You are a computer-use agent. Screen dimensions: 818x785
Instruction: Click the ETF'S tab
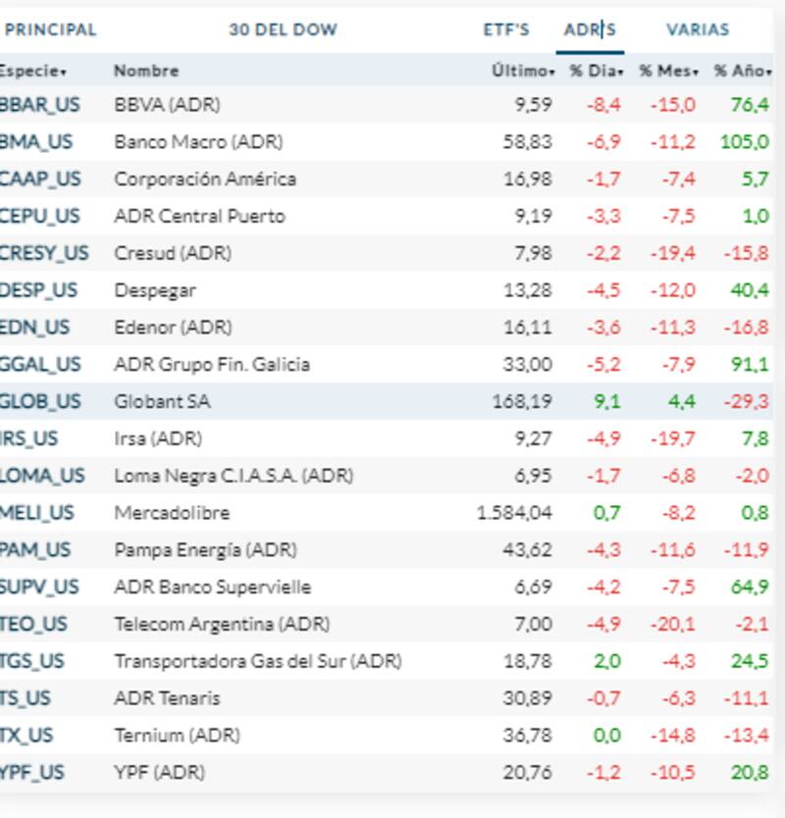click(505, 29)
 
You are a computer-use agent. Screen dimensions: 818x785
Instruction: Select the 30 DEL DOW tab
click(283, 29)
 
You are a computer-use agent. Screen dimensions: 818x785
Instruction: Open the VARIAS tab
click(698, 29)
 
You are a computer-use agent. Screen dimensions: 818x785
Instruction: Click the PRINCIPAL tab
click(51, 29)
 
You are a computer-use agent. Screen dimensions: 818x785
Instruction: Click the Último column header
click(523, 71)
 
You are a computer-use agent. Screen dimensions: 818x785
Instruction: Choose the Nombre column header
click(146, 71)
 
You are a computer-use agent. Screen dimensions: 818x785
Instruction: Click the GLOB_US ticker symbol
click(40, 401)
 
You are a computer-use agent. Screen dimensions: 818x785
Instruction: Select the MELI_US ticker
click(37, 513)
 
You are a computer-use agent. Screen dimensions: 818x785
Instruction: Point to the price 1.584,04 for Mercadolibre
click(514, 513)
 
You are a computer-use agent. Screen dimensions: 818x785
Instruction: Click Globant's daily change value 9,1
click(607, 401)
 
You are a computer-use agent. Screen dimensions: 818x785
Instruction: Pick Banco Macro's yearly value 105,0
click(744, 142)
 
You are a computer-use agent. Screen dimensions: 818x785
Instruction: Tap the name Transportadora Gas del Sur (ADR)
click(258, 661)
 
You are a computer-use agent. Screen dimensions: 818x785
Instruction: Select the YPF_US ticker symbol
click(32, 773)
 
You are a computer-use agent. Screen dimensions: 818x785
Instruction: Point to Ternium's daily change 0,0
click(607, 736)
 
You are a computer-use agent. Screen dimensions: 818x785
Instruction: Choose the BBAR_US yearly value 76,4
click(750, 105)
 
